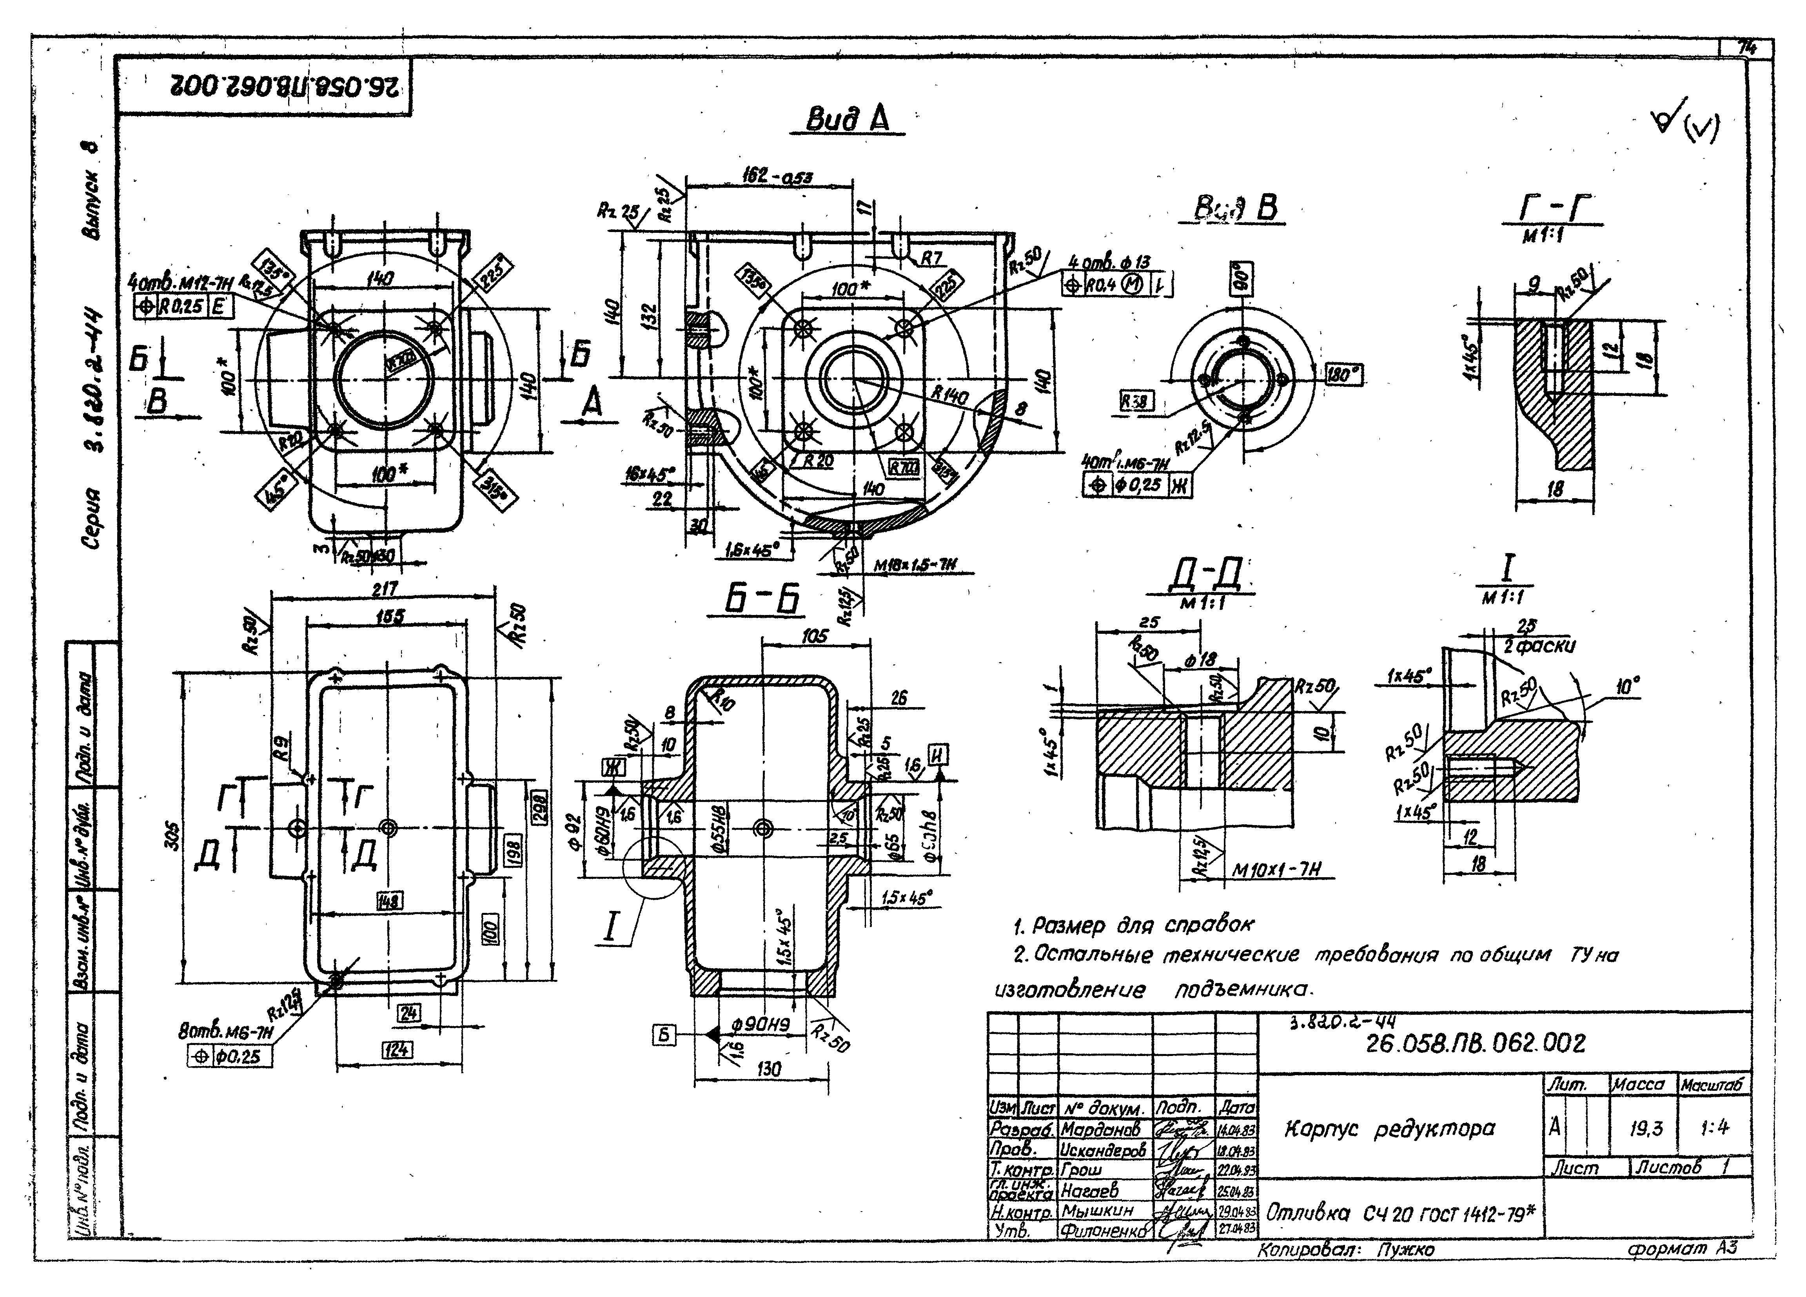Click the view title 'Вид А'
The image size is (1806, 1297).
[847, 120]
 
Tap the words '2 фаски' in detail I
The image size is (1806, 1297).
[1539, 646]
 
